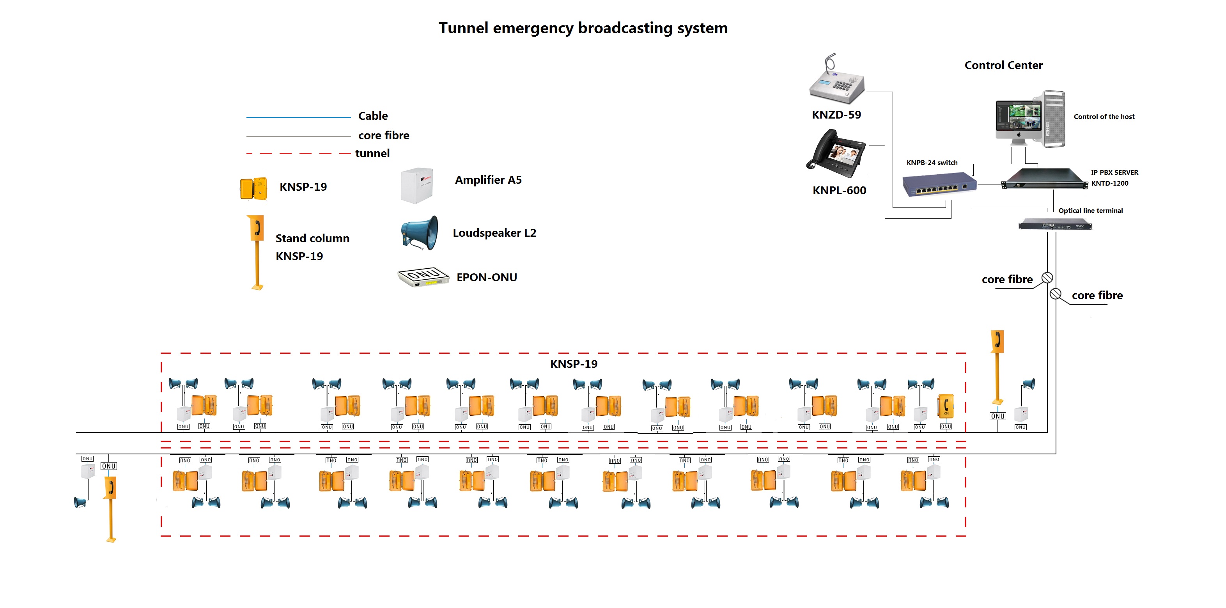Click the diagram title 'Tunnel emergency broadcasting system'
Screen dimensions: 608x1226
point(583,28)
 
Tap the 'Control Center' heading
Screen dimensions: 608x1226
point(1003,65)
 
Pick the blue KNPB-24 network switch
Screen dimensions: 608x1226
point(939,185)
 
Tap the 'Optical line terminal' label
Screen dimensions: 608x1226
point(1090,211)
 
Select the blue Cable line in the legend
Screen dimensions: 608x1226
point(298,117)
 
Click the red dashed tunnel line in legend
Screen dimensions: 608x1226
point(298,153)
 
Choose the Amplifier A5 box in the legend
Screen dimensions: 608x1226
point(417,185)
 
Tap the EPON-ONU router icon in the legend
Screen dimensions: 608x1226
point(423,277)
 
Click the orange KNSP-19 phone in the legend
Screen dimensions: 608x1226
point(253,188)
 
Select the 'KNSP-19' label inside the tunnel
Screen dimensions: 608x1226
point(574,364)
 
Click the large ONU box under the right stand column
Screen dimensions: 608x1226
point(997,416)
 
